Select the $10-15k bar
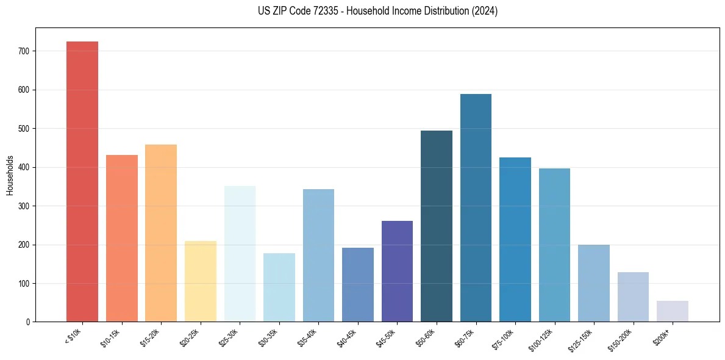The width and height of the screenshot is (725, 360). coord(122,239)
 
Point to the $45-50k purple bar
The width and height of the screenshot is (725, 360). coord(397,272)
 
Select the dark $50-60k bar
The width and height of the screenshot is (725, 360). coord(437,226)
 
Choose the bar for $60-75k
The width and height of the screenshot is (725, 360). coord(476,208)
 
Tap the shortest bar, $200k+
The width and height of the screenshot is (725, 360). coord(673,311)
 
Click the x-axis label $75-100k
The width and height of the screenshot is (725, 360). coord(505,339)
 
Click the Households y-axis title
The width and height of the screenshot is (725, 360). coord(10,175)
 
